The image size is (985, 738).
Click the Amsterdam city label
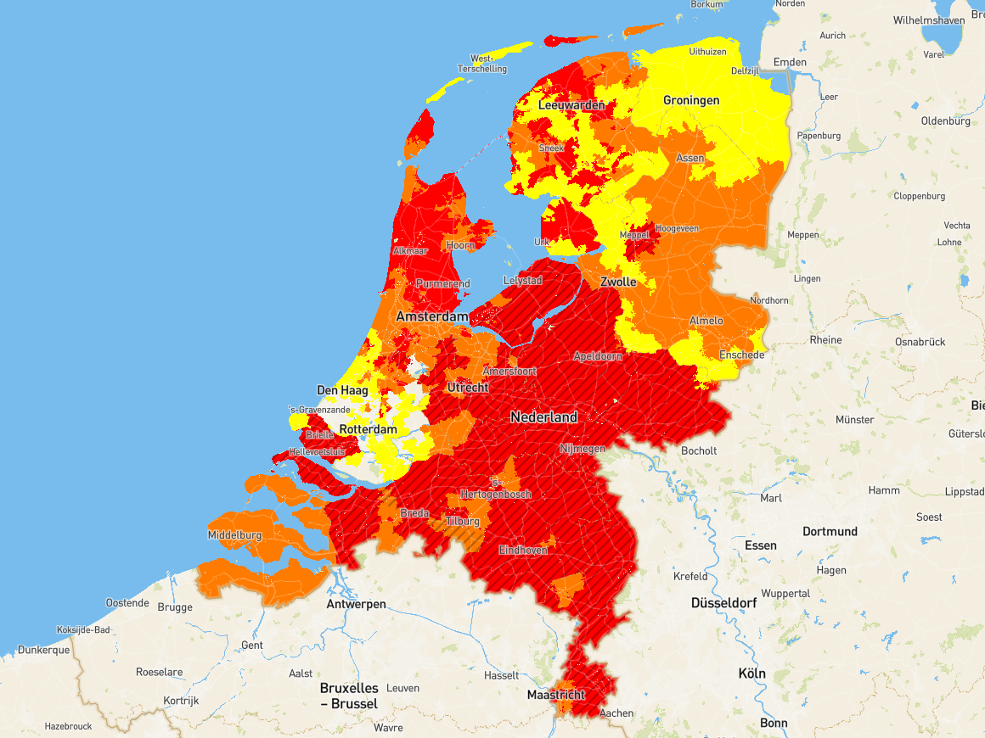432,316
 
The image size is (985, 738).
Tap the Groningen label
691,100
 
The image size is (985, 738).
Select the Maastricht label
556,695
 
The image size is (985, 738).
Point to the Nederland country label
543,417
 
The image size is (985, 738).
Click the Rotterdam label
368,429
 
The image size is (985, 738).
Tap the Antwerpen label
357,604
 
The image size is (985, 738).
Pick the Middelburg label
234,535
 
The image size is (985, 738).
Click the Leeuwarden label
571,105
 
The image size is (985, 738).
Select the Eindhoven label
523,550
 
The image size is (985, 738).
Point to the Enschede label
741,355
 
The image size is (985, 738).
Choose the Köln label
751,674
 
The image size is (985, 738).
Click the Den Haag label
342,390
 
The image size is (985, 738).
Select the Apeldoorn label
597,356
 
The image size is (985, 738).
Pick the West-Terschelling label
481,64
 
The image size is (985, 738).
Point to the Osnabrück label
919,342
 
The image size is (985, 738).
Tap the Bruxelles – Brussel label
348,696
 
